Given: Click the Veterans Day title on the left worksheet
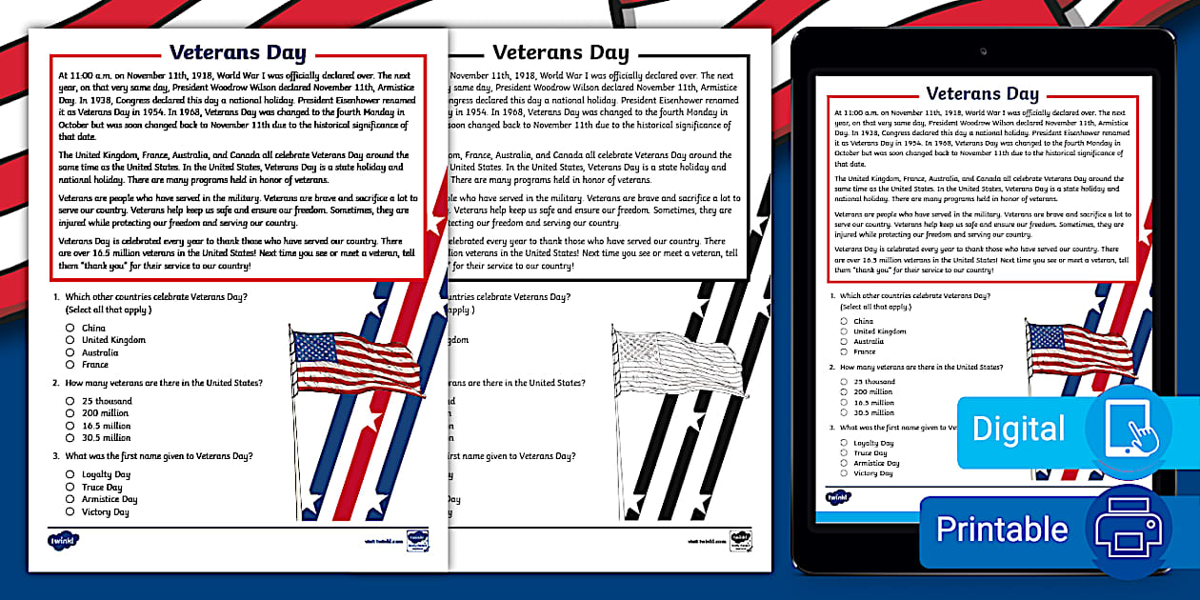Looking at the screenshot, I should [x=238, y=52].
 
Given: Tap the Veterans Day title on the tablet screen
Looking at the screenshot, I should [x=982, y=93].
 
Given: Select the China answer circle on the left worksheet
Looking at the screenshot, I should [x=70, y=328].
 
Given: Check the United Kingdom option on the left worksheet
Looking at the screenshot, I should [x=70, y=340].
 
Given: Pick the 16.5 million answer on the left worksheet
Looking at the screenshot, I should [x=70, y=426].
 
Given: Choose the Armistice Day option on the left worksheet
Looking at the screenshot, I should [x=70, y=499].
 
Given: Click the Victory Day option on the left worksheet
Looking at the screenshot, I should [x=70, y=511].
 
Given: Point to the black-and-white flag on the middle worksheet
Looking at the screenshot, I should [x=677, y=362].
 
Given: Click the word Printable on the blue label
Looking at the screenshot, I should [x=1002, y=530].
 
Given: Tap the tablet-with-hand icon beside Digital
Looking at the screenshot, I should [x=1130, y=428].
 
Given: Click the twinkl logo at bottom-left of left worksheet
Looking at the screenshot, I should [x=62, y=540].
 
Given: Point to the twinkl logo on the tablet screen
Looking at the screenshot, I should [x=838, y=496].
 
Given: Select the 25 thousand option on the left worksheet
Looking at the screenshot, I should [x=70, y=401].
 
